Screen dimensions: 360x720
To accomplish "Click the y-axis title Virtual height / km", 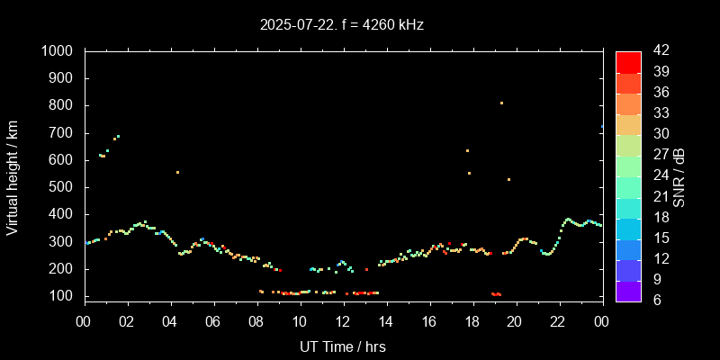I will pyautogui.click(x=13, y=177).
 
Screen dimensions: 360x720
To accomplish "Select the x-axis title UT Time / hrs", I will pyautogui.click(x=342, y=346).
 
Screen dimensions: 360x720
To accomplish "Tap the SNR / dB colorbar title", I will pyautogui.click(x=679, y=177).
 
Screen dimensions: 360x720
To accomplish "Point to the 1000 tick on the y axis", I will pyautogui.click(x=59, y=51).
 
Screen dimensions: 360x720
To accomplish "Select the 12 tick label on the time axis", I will pyautogui.click(x=343, y=322).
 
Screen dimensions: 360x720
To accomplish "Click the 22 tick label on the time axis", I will pyautogui.click(x=558, y=322).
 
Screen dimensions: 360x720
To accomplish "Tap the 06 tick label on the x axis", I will pyautogui.click(x=213, y=322).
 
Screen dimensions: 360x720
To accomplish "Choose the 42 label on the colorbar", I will pyautogui.click(x=659, y=51).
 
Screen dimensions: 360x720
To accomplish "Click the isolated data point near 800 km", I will pyautogui.click(x=501, y=103).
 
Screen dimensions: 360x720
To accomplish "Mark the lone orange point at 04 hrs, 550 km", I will pyautogui.click(x=177, y=172).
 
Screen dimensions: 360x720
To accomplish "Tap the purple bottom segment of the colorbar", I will pyautogui.click(x=628, y=291).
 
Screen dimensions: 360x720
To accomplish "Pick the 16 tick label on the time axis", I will pyautogui.click(x=429, y=322).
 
